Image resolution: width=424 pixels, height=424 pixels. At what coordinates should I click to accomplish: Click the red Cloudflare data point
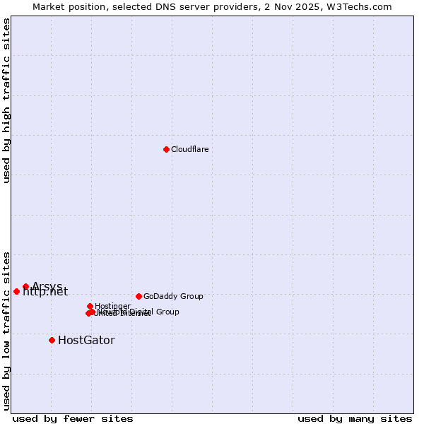click(166, 149)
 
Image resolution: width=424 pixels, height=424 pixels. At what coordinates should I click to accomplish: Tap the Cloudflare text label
click(190, 150)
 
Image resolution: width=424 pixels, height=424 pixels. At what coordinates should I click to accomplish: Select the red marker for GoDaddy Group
click(139, 296)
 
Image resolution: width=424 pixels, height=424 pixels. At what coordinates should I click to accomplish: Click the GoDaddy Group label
click(173, 297)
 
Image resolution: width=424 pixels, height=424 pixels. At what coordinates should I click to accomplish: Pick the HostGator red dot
click(52, 340)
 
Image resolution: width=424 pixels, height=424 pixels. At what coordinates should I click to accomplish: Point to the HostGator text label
click(86, 341)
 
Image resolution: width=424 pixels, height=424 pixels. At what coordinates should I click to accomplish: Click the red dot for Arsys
click(25, 286)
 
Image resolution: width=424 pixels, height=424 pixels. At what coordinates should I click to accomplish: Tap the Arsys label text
click(47, 286)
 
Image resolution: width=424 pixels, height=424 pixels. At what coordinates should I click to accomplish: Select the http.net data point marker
click(16, 291)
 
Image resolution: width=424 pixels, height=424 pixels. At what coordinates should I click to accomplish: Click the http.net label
click(45, 292)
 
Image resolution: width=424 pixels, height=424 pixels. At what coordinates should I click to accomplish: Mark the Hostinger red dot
click(90, 306)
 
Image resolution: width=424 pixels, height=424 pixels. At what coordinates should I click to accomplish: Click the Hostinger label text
click(113, 306)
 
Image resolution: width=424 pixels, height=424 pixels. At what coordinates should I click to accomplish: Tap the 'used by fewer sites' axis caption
click(73, 418)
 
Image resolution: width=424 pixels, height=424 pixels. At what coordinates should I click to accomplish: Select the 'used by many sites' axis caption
click(355, 418)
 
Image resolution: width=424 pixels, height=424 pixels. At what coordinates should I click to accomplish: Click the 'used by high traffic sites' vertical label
click(6, 100)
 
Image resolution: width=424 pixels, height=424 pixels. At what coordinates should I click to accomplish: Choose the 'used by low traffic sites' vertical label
click(6, 331)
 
